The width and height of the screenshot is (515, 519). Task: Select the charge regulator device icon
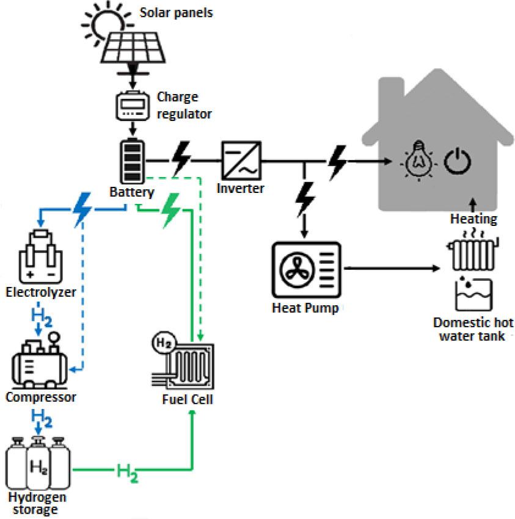(x=133, y=106)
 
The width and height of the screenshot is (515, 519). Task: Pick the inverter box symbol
(x=241, y=161)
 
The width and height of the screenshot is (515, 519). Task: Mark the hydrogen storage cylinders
(x=36, y=468)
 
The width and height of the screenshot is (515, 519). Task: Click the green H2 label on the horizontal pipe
(x=128, y=471)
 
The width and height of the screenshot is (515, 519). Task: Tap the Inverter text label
(x=241, y=188)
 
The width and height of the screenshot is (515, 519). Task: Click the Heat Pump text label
(x=305, y=307)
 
